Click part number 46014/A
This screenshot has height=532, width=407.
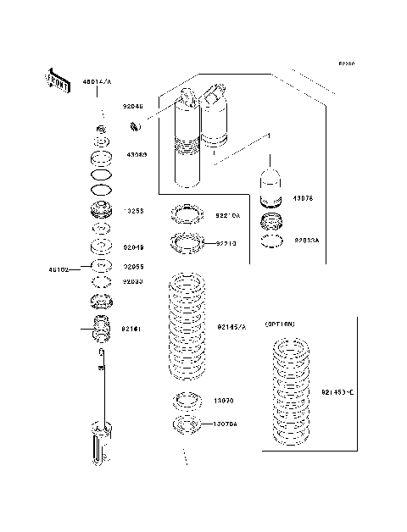click(96, 82)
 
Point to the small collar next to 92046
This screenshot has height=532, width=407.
click(133, 128)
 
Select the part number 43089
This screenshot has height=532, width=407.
click(137, 155)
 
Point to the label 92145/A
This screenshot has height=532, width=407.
click(231, 326)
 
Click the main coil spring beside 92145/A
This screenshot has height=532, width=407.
click(186, 326)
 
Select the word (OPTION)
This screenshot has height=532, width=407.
click(280, 324)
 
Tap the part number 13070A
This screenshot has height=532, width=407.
click(225, 423)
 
